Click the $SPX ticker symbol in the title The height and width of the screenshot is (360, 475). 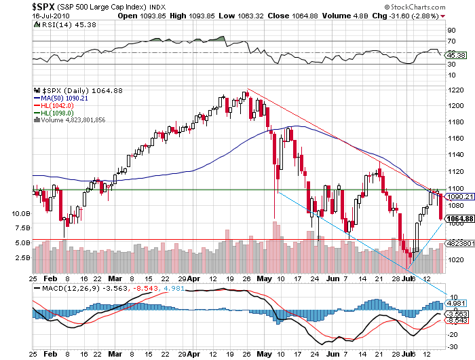click(43, 7)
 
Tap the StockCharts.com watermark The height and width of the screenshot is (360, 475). click(415, 7)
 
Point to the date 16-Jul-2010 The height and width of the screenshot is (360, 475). click(51, 16)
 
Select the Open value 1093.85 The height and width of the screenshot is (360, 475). click(153, 16)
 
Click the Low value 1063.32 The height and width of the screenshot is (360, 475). click(250, 16)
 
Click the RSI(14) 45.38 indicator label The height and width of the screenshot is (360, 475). click(69, 24)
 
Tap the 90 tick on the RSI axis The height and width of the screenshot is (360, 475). click(451, 30)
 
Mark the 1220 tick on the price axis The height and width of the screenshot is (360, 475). click(455, 90)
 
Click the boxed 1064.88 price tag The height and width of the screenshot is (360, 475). click(460, 219)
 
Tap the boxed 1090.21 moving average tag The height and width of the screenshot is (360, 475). click(460, 196)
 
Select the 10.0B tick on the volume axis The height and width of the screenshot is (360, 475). click(21, 213)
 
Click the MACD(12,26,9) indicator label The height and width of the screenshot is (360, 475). click(71, 288)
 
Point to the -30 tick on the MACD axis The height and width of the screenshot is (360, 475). click(453, 346)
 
